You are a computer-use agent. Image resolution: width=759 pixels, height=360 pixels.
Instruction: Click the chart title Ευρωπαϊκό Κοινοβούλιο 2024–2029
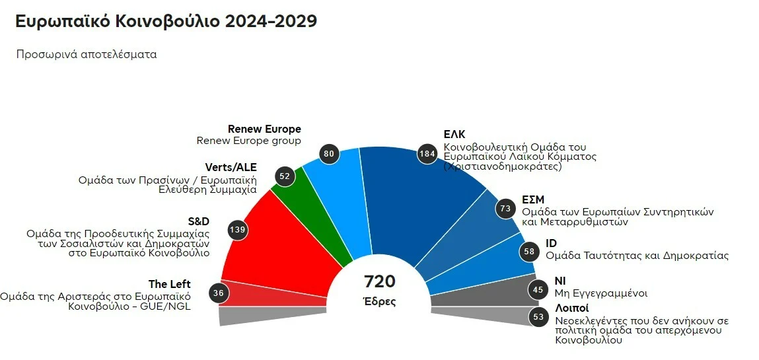(166, 21)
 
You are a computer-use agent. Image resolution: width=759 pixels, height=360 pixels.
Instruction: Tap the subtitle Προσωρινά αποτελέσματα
(87, 55)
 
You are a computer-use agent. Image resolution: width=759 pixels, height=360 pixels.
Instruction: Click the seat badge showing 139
(236, 229)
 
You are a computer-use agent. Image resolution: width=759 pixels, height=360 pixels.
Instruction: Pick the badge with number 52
(285, 176)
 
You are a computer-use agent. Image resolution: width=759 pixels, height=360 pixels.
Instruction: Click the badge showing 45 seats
(539, 289)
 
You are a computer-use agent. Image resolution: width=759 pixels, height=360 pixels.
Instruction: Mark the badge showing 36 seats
(219, 293)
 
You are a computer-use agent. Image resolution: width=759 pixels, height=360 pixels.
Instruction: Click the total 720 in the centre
(380, 282)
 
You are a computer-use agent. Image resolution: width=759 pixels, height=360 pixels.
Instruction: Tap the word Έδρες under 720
(380, 302)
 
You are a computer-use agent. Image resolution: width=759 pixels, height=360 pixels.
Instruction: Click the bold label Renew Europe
(264, 129)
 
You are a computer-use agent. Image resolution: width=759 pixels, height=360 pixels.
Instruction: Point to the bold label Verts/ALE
(231, 166)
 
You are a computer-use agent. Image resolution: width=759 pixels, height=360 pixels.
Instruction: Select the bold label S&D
(199, 221)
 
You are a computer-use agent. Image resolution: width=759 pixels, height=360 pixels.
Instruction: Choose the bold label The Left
(169, 284)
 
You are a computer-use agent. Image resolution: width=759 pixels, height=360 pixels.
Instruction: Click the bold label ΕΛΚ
(454, 135)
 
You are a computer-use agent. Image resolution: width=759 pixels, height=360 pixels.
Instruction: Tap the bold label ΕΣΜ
(533, 200)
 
